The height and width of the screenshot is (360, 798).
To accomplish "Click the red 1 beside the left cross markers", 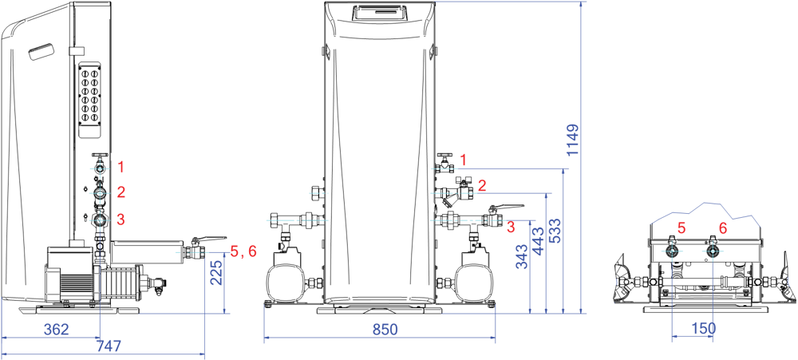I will [121, 168].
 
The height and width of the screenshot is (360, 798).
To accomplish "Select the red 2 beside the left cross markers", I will [121, 192].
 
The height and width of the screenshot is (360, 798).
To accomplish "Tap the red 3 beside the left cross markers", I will [121, 220].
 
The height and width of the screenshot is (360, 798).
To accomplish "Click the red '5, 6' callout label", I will [243, 252].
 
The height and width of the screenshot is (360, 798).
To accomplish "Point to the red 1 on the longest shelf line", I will [463, 160].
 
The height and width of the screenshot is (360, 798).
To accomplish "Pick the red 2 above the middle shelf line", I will [482, 185].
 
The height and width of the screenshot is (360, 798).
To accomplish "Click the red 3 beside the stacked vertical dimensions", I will [511, 227].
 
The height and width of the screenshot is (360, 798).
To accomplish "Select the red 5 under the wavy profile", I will [681, 228].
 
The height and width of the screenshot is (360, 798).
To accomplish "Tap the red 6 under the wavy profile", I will [723, 228].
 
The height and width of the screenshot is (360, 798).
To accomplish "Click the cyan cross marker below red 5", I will [672, 251].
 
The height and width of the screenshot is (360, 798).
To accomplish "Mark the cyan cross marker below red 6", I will [713, 251].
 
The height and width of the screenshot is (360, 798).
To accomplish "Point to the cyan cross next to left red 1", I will [99, 168].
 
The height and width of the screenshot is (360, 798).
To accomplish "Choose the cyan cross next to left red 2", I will [99, 193].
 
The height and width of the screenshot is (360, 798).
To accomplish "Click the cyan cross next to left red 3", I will [99, 220].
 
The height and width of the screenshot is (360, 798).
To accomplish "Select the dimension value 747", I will [109, 346].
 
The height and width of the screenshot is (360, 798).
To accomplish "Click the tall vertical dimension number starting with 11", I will [572, 139].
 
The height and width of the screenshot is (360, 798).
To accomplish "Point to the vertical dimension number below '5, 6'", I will [215, 273].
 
